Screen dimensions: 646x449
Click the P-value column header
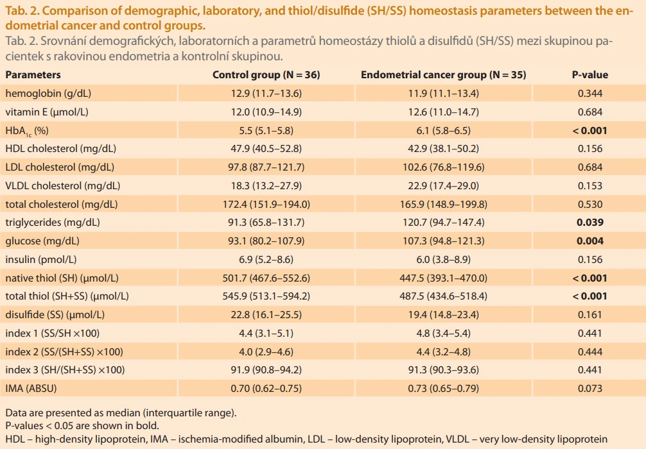(590, 74)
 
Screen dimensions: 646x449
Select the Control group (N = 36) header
(266, 74)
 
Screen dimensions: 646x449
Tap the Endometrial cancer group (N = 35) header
(443, 74)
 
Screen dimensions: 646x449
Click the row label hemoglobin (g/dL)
(48, 94)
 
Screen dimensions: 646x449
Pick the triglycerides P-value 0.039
(590, 222)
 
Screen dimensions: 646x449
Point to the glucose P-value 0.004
(590, 241)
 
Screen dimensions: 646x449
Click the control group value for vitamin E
(266, 112)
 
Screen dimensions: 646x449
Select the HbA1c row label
(27, 131)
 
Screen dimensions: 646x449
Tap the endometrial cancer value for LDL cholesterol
(443, 167)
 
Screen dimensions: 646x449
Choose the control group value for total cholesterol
(266, 204)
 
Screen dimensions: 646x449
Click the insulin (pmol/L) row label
(41, 260)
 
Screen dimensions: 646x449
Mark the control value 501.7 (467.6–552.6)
(266, 278)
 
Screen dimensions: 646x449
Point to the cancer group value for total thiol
(443, 296)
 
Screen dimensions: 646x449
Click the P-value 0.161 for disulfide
(590, 315)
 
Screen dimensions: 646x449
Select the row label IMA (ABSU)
(31, 389)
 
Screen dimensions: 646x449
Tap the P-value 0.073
(590, 389)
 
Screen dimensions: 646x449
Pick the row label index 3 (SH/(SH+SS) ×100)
(65, 370)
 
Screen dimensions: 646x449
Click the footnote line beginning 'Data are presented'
(121, 413)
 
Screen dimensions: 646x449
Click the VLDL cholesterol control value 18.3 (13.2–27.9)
(266, 185)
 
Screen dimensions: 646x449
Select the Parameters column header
(33, 74)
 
